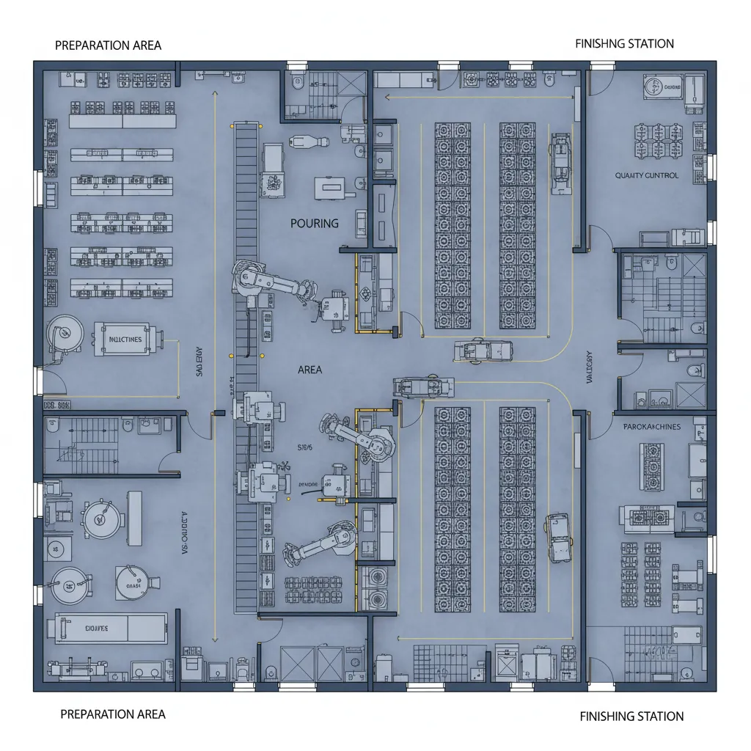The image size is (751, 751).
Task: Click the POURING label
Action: (315, 223)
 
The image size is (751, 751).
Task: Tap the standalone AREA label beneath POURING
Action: (309, 370)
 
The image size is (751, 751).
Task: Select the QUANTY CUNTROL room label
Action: (646, 176)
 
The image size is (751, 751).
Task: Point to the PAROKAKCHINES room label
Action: (651, 426)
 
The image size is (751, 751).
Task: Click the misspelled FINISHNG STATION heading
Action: (624, 44)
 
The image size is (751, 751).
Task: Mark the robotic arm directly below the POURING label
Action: (271, 282)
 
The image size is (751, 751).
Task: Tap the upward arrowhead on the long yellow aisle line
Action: (213, 94)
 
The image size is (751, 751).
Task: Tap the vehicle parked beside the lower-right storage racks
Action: (558, 538)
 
